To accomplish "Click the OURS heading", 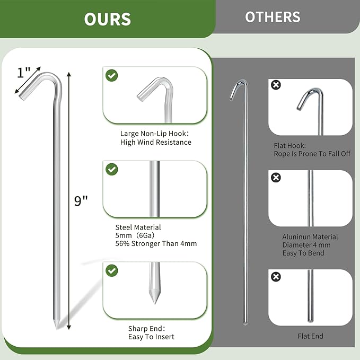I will click(107, 19).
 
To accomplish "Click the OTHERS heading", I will click(273, 17).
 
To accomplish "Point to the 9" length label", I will click(81, 201).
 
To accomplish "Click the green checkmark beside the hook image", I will click(112, 75).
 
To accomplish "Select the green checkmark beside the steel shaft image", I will click(112, 170).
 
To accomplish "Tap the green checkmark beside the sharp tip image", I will click(112, 270).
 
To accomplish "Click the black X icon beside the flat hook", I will click(276, 85).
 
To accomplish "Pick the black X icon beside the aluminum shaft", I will click(276, 178).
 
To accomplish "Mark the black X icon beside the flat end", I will click(276, 277).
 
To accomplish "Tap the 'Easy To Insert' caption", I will click(151, 337).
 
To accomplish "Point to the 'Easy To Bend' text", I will click(303, 253).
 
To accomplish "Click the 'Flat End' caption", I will click(310, 336).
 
